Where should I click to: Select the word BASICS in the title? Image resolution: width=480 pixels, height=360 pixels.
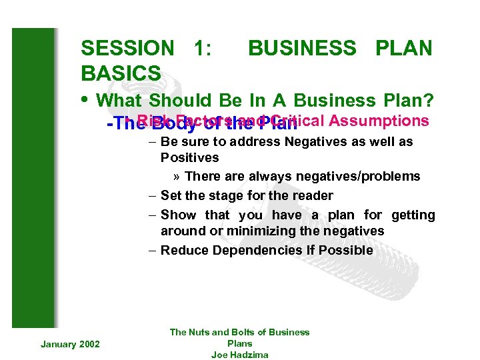click(121, 73)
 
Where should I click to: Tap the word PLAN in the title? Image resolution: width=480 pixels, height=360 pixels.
click(404, 48)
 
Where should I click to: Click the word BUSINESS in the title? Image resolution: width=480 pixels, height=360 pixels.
click(302, 48)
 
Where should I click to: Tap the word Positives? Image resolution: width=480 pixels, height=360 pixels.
click(189, 157)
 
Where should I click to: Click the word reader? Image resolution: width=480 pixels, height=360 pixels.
click(313, 195)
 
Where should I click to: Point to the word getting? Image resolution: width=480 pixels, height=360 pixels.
click(413, 215)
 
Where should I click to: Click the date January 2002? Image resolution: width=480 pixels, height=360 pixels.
click(70, 343)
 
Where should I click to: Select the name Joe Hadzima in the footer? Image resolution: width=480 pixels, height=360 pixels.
click(240, 355)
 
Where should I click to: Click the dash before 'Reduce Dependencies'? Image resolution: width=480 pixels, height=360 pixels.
click(153, 250)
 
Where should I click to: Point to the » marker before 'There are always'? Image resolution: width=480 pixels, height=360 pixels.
click(177, 177)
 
